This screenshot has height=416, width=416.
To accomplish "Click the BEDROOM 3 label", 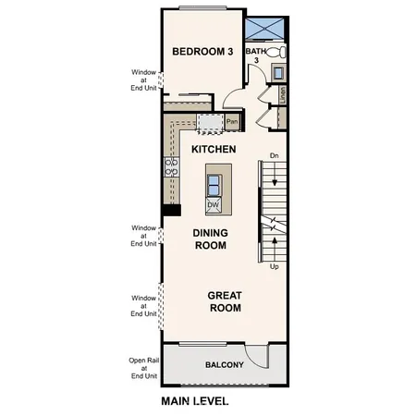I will (x=203, y=52).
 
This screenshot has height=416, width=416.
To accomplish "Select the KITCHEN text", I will (x=214, y=149).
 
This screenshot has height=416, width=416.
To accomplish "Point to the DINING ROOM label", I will (x=210, y=239).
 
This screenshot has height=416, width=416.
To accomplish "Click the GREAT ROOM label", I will (x=224, y=301).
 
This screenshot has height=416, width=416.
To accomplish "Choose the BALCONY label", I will (x=224, y=364).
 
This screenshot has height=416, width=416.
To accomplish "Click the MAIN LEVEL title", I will (x=194, y=401).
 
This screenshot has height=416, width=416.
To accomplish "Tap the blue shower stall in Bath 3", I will (x=269, y=26).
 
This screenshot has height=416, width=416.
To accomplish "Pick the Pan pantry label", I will (x=232, y=121).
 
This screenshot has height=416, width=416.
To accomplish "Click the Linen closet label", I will (x=283, y=93).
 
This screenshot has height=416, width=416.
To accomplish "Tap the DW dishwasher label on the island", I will (x=213, y=204).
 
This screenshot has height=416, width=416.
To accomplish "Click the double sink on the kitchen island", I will (x=214, y=181).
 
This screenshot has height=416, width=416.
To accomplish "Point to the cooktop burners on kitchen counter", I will (x=171, y=166).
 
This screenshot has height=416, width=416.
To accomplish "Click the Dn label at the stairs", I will (x=275, y=155).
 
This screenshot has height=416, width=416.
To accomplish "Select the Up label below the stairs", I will (x=274, y=266).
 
